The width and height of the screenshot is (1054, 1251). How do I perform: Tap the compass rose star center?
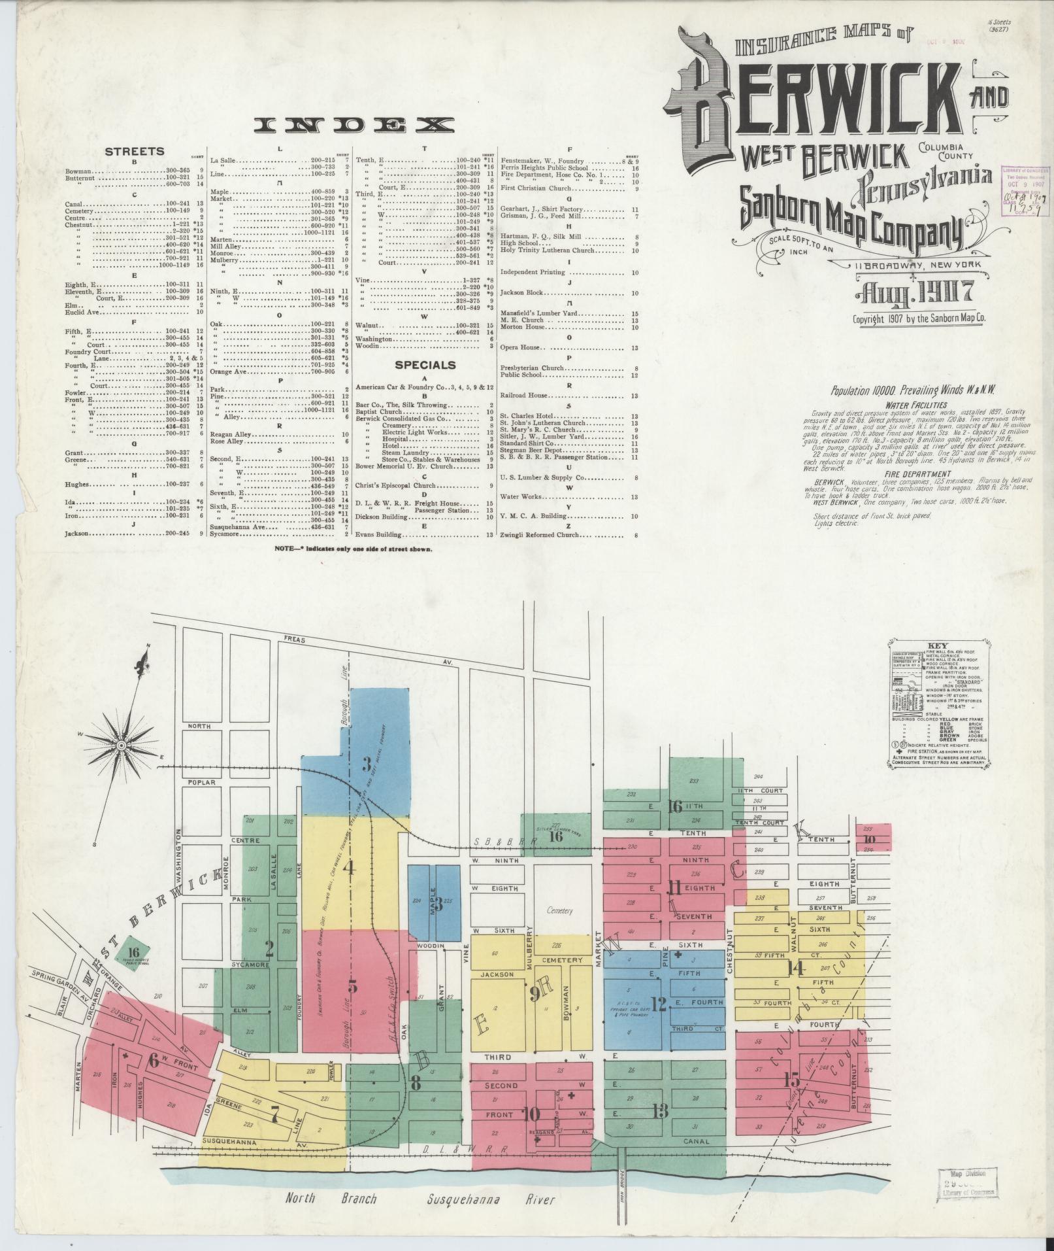coord(121,745)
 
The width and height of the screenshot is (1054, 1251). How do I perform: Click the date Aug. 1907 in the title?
coord(914,291)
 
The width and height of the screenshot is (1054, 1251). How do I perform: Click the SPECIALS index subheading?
coord(424,365)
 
